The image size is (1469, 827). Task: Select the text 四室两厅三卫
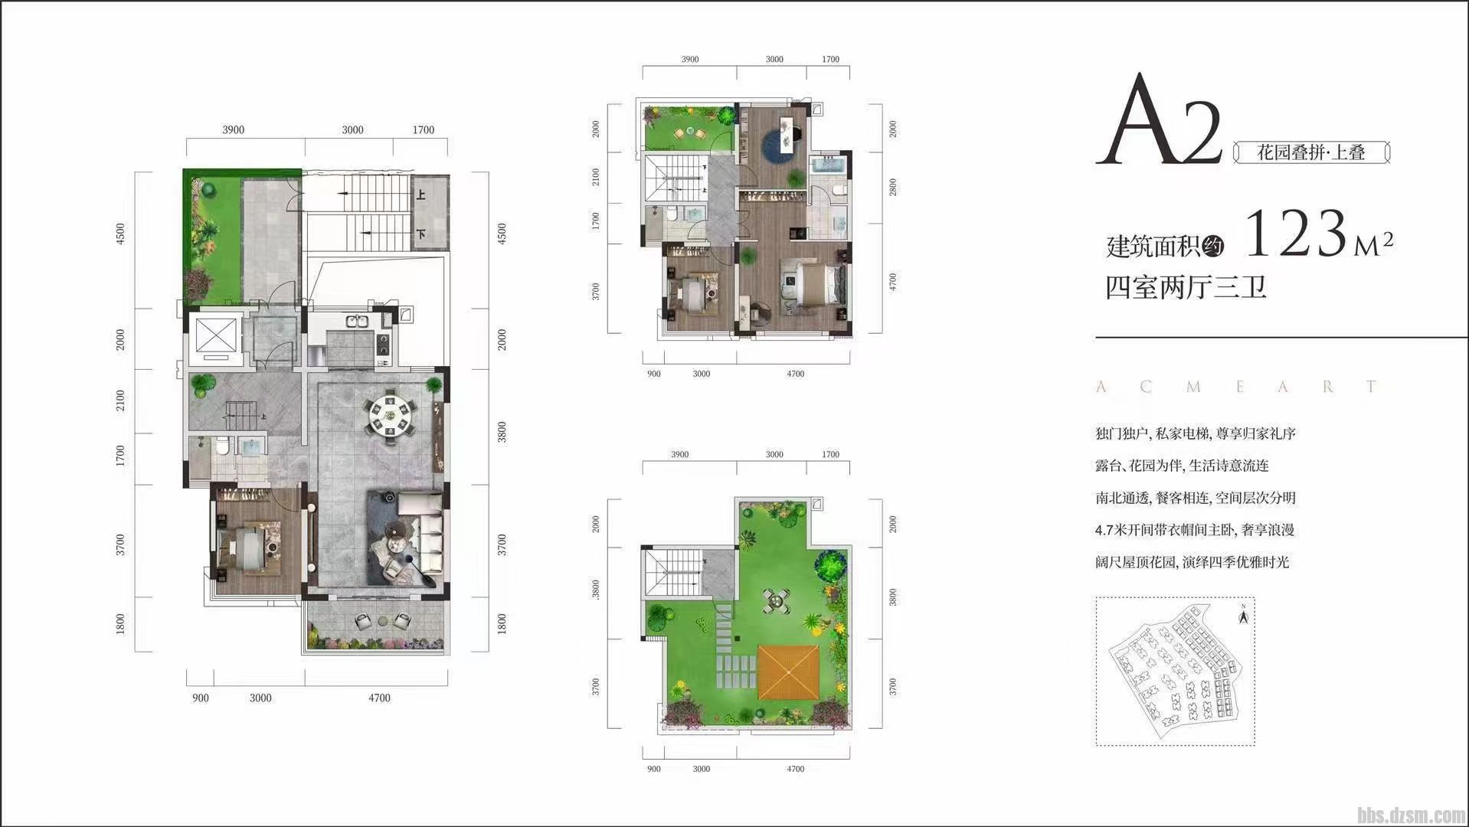click(x=1185, y=287)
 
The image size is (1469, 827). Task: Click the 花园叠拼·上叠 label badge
click(x=1311, y=152)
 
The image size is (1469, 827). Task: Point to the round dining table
click(x=391, y=416)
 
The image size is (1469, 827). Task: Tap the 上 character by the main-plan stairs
click(x=421, y=195)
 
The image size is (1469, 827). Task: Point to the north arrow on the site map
click(x=1243, y=613)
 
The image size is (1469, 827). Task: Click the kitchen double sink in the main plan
click(x=357, y=322)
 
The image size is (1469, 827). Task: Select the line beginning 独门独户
click(x=1196, y=433)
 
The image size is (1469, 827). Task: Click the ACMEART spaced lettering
click(x=1238, y=387)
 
